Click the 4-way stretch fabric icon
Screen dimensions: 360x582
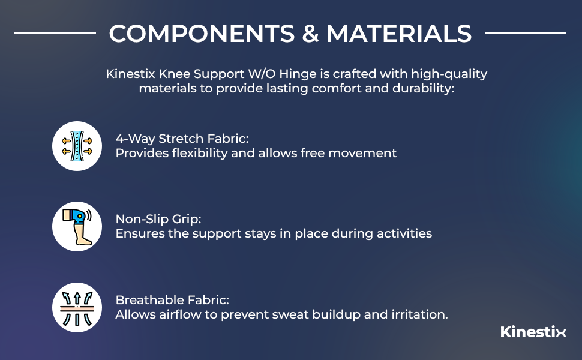[77, 146]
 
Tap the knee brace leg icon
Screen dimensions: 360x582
[77, 226]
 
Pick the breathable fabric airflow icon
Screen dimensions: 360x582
[77, 307]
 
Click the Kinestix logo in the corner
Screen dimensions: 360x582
[533, 332]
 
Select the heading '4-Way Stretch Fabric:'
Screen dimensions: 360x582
[175, 137]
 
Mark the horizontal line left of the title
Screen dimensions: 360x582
[55, 33]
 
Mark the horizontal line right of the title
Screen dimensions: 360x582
[525, 33]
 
